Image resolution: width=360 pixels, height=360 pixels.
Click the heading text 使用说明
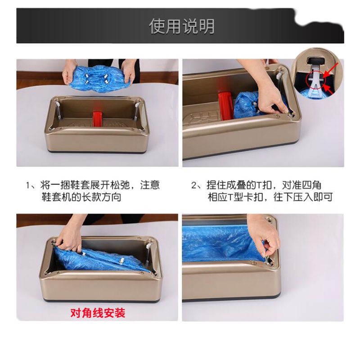182,27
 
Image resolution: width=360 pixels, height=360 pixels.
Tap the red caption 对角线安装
98,313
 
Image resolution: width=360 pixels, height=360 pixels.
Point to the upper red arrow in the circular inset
331,71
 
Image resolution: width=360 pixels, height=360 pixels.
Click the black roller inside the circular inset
316,61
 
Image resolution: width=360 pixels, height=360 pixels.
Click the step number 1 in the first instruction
28,185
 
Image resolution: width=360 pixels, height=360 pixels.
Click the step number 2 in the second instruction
195,185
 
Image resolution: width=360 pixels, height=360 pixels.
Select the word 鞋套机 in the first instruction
57,197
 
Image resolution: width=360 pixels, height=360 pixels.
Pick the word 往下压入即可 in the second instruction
303,197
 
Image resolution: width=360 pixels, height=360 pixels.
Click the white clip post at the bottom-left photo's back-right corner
148,245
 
